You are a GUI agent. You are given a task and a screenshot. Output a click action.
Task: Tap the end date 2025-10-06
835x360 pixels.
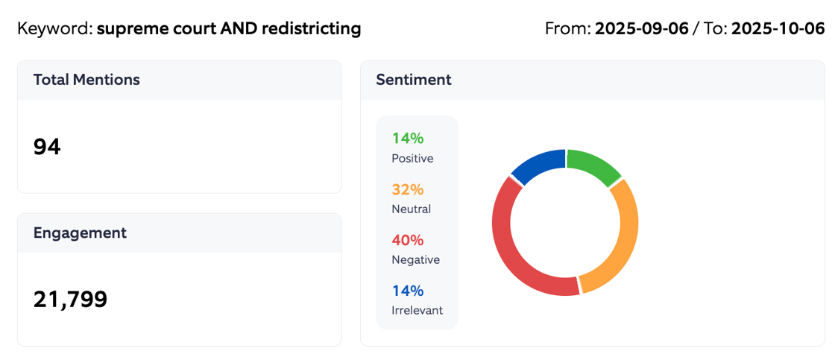click(x=778, y=29)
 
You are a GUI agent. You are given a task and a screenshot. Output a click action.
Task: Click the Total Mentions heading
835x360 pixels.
click(x=86, y=80)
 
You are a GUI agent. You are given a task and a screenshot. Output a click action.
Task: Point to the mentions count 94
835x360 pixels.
click(x=47, y=147)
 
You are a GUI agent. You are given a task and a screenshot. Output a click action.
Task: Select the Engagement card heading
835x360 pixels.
click(x=80, y=233)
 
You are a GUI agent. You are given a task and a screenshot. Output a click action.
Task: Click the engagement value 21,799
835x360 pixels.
click(x=70, y=299)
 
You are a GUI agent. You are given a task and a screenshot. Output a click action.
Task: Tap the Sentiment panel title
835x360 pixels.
click(x=413, y=80)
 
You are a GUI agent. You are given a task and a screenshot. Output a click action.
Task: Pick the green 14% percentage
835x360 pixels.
click(x=408, y=138)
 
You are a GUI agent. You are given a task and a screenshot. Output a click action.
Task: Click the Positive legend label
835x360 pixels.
click(x=412, y=159)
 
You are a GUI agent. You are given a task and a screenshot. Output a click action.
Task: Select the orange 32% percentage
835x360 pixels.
click(x=408, y=189)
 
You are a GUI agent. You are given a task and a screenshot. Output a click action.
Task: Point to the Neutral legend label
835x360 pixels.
click(x=411, y=209)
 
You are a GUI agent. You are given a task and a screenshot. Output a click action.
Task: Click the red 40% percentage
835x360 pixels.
click(x=408, y=240)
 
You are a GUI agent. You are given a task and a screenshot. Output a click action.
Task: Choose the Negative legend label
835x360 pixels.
click(x=415, y=260)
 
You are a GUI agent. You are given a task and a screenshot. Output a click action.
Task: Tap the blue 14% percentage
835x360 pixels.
click(x=408, y=291)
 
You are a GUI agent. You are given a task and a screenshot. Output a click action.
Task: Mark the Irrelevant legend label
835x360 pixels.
click(x=417, y=310)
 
